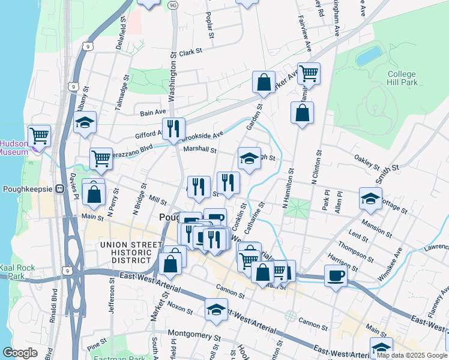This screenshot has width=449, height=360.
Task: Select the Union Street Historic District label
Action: click(126, 252)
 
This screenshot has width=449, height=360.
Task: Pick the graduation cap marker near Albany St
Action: click(85, 122)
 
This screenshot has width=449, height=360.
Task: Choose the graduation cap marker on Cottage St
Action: click(370, 198)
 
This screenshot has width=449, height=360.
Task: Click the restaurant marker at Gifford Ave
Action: click(173, 128)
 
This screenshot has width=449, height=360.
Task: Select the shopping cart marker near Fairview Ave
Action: click(309, 73)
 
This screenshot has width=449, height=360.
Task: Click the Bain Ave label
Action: click(152, 112)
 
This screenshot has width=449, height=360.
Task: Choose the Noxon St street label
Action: click(180, 307)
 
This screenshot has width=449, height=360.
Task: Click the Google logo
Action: click(20, 353)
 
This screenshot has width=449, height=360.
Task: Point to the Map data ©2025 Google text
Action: click(412, 356)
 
